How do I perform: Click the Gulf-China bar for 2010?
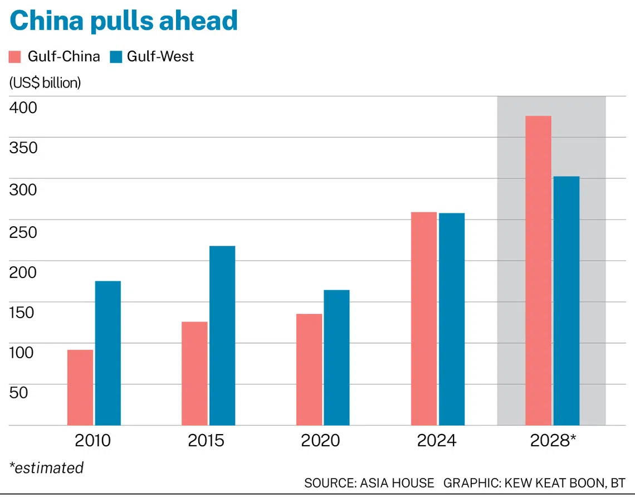pos(80,387)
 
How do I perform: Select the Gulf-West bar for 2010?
pos(108,353)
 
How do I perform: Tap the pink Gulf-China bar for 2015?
pos(194,373)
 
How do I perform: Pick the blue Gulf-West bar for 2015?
pos(222,335)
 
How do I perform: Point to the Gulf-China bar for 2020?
pos(309,369)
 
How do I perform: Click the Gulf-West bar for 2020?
pos(336,357)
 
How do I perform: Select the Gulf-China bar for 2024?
pos(424,318)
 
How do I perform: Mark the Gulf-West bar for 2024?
pos(451,319)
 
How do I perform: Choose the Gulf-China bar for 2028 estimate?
pos(538,270)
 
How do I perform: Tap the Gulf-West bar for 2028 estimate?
pos(566,300)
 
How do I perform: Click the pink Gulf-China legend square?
pos(15,57)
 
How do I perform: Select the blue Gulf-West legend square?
pos(116,57)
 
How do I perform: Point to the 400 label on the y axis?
pos(23,107)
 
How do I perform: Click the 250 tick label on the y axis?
pos(23,231)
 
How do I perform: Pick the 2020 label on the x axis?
pos(320,441)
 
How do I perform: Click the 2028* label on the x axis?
pos(553,441)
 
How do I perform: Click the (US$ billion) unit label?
pos(45,82)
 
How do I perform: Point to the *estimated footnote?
pos(46,467)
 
